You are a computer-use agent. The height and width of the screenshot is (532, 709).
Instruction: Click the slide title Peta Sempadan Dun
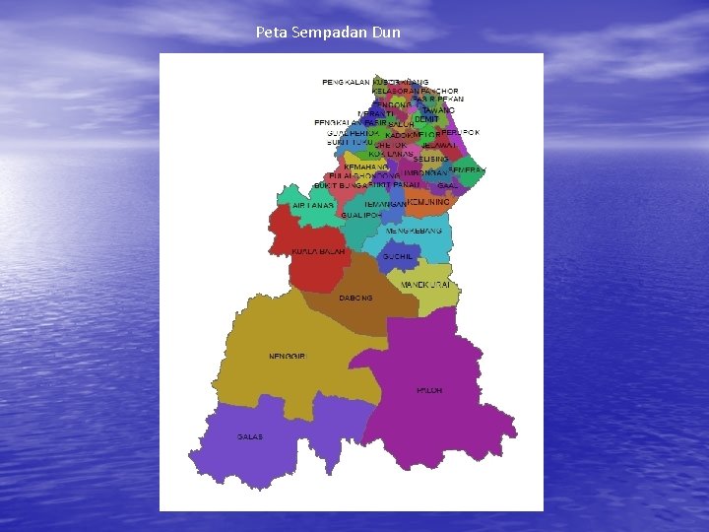point(328,33)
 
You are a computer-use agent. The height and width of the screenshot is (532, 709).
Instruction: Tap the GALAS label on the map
point(250,436)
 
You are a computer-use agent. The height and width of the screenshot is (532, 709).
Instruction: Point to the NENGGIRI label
point(288,356)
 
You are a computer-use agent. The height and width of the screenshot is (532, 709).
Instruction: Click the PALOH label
point(429,390)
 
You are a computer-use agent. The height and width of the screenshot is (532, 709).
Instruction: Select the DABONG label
point(355,298)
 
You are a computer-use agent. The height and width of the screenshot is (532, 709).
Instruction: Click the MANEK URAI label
point(425,284)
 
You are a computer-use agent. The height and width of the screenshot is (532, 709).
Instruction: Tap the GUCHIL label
point(398,255)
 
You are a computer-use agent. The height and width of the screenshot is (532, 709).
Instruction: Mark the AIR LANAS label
point(312,206)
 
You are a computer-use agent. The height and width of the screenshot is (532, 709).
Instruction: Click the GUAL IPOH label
point(361,214)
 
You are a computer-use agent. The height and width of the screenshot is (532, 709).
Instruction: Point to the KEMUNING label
point(429,202)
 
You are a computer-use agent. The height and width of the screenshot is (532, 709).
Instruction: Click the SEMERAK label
point(467,170)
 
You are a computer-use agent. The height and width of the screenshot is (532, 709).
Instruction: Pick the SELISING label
point(431,159)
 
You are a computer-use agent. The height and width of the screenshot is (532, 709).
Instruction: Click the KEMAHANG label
point(365,166)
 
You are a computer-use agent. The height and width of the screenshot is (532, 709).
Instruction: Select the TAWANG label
point(439,110)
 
